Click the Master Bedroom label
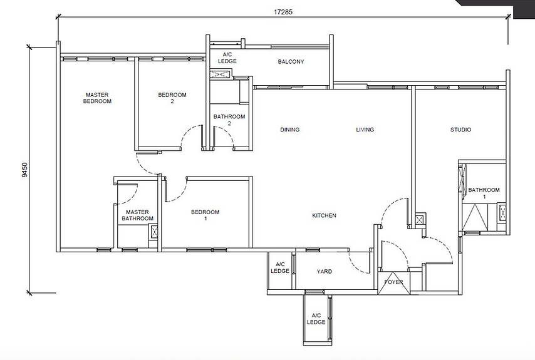97,98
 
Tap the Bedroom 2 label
172,98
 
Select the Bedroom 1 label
205,215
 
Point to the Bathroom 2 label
229,120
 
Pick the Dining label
289,130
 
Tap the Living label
365,130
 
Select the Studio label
460,130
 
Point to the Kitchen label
325,216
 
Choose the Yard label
324,272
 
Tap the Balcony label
291,62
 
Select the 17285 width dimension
283,11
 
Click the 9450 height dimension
24,170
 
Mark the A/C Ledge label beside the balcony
227,58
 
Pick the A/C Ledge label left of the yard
280,268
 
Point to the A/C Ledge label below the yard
316,319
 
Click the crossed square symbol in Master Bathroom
153,233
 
